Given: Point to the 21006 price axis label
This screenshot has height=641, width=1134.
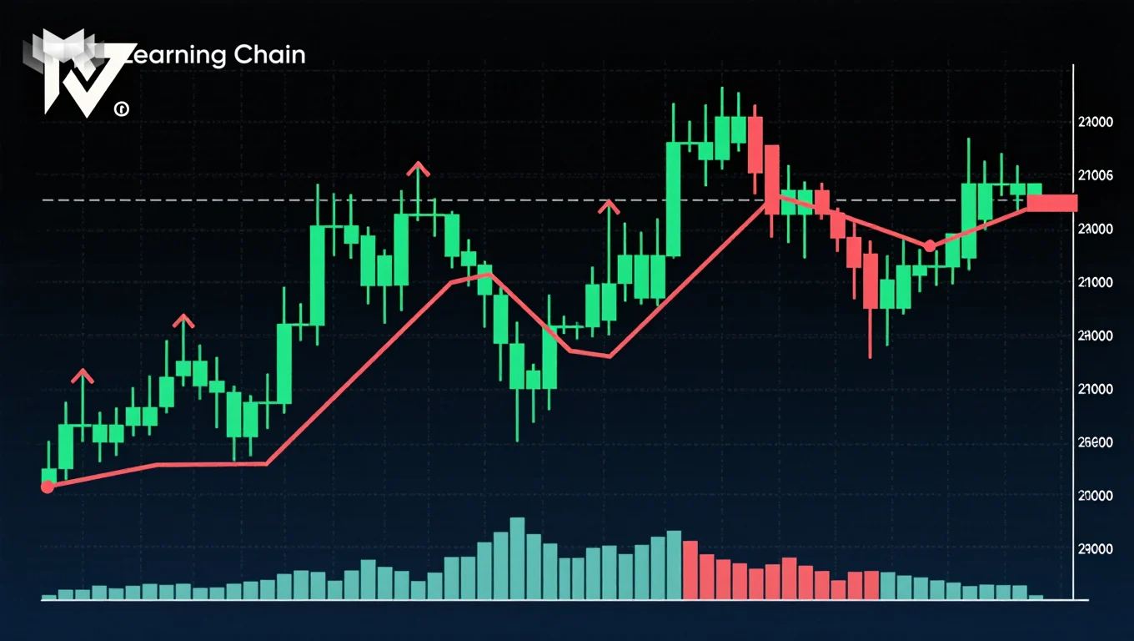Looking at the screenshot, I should coord(1095,175).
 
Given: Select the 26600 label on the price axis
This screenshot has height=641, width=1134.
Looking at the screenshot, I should coord(1095,442).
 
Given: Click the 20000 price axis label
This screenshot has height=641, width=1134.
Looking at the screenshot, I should coord(1095,496).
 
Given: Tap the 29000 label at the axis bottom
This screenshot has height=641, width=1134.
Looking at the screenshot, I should coord(1095,549).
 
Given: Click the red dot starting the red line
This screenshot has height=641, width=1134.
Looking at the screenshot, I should coord(48,487).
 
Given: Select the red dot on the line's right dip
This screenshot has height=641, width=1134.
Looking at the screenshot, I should coord(930,245).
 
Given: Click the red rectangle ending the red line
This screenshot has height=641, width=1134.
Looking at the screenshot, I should coord(1052,203).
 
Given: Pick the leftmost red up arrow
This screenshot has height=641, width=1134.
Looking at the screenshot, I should coord(83,376).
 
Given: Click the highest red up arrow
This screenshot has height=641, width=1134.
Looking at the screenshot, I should coord(418,169).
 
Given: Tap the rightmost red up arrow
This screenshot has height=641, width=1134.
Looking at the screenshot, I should coord(609,206).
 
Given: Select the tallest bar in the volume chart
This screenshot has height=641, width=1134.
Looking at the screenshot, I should coord(517,558).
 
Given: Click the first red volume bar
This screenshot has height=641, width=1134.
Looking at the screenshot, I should coord(690,569).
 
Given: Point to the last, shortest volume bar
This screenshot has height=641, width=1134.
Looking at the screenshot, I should coord(1036,597).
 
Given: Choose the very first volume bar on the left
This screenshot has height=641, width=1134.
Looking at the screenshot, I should coord(49,596).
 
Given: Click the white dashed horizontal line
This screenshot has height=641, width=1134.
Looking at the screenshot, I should coord(250,200).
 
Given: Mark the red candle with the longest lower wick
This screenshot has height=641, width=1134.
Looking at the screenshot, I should coord(870,284).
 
